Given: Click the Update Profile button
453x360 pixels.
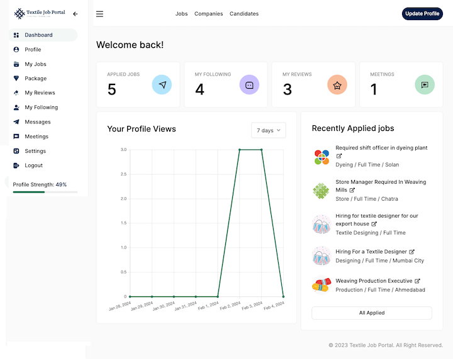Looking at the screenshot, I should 422,14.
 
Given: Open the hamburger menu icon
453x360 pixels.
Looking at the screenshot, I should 99,14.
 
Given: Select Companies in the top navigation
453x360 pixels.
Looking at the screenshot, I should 208,14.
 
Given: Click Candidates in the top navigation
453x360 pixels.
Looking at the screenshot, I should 244,14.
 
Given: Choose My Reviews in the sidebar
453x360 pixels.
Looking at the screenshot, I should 40,93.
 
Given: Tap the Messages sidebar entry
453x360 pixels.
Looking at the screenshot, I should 37,122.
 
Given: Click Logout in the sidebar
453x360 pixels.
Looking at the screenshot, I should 33,166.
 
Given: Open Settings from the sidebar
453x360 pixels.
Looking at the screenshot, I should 35,151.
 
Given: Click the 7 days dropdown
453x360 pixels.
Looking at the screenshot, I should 268,130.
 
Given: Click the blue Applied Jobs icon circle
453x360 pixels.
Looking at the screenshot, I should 162,84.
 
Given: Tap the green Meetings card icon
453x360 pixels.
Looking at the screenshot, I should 425,84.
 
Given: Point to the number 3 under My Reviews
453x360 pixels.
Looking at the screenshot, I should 287,90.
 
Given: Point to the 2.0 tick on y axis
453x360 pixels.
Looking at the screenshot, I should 123,199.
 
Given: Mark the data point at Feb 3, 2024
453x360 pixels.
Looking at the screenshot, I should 262,150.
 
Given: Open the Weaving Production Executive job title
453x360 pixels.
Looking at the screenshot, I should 374,281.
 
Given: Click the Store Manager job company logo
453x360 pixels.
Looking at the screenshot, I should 322,190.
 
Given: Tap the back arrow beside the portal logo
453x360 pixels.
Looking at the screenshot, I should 75,14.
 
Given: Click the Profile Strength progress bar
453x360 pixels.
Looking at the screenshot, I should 45,192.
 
